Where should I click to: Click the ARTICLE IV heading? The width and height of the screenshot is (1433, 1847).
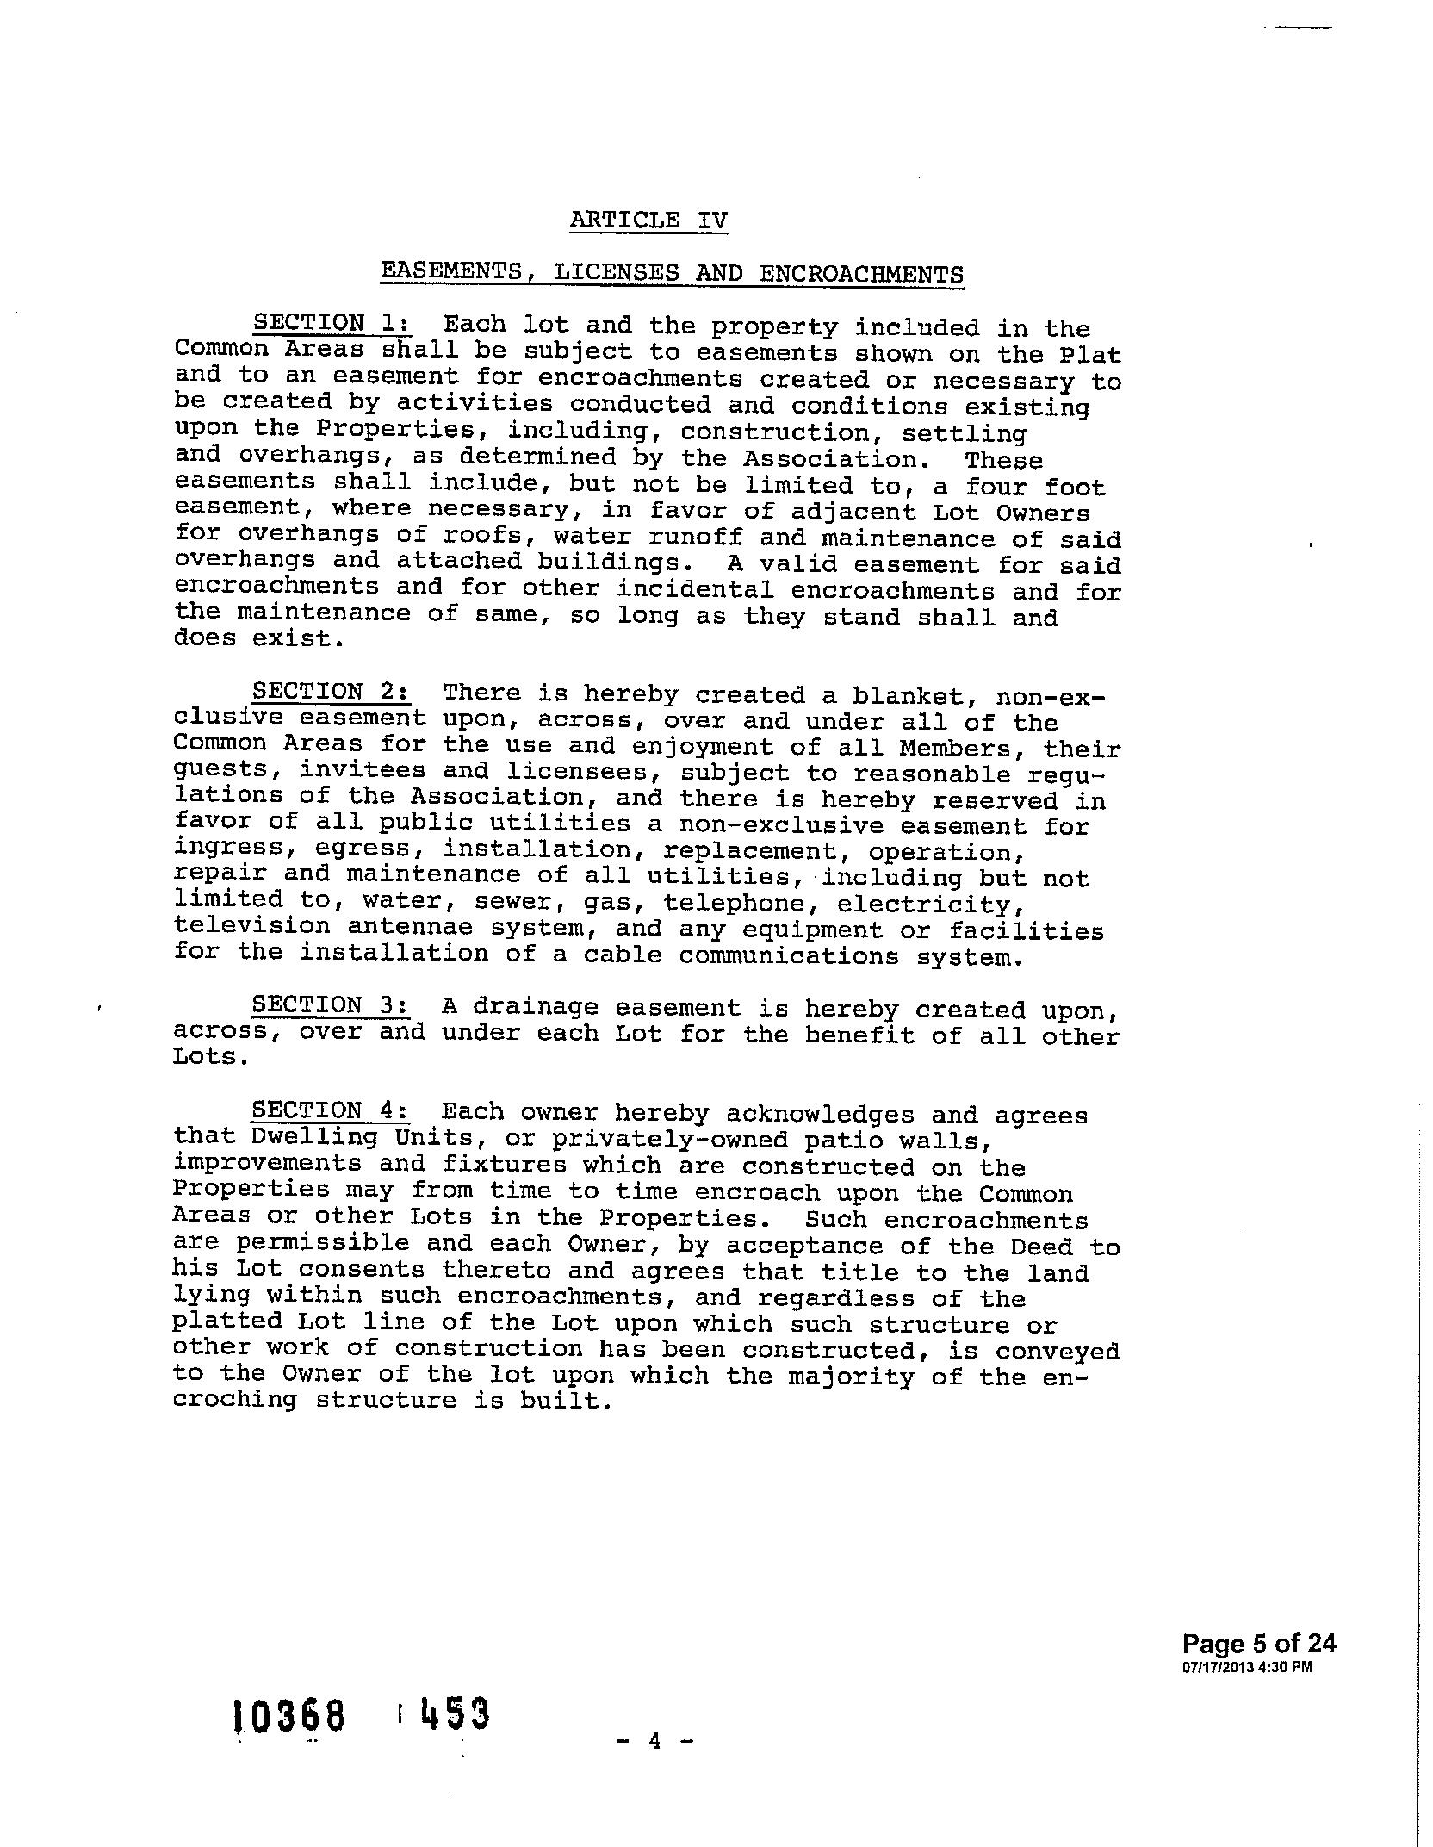[x=648, y=220]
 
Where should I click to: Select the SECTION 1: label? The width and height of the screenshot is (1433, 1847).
[x=332, y=324]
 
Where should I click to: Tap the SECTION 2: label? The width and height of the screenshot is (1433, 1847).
[x=332, y=693]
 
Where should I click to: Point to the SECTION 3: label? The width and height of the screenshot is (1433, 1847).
[x=332, y=1005]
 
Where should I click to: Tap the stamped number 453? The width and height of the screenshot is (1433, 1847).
[x=456, y=1713]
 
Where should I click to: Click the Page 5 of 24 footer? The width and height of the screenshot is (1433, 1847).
[x=1259, y=1644]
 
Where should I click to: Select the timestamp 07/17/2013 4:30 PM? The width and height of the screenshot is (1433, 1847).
[x=1248, y=1667]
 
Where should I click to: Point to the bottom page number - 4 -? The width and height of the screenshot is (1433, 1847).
[x=654, y=1741]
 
